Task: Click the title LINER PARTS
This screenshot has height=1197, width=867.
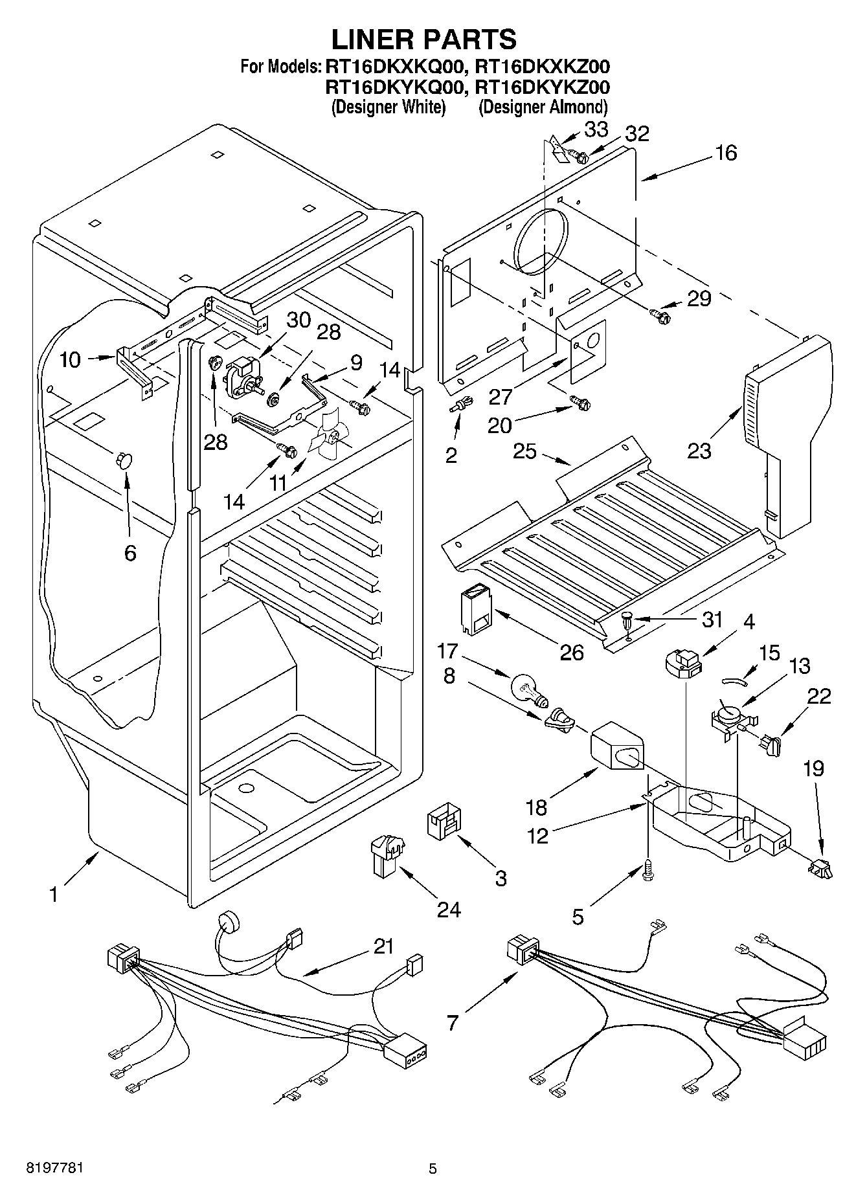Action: click(424, 39)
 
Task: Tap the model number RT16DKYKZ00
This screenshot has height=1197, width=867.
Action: click(542, 87)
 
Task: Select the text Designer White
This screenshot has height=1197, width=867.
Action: click(388, 107)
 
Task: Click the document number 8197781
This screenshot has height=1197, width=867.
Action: click(54, 1169)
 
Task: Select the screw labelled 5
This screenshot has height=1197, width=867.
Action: click(648, 872)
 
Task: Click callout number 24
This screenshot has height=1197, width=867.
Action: click(448, 910)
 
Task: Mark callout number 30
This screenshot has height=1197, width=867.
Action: click(298, 320)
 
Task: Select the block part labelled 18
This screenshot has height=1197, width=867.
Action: click(616, 747)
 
